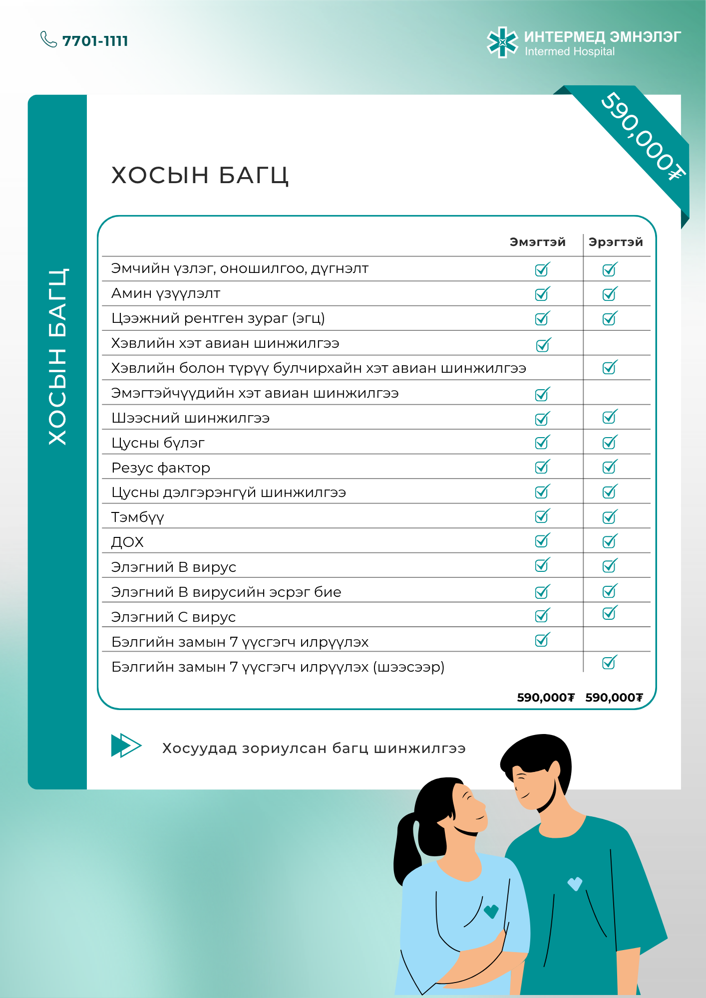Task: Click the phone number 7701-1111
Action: [x=95, y=41]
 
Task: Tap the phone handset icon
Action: [x=48, y=39]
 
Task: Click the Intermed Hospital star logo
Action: [x=502, y=42]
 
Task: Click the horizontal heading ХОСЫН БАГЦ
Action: [x=200, y=175]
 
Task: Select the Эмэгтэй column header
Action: [x=537, y=243]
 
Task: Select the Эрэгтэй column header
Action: [x=616, y=243]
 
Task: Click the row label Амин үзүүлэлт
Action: [x=166, y=293]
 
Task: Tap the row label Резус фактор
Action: [x=161, y=468]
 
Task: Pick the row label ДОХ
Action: [x=127, y=542]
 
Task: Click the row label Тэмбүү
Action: [x=137, y=517]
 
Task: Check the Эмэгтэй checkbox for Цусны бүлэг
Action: [x=542, y=442]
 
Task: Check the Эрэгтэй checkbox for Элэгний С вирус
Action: [x=610, y=613]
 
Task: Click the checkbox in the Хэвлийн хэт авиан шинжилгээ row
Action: [x=543, y=345]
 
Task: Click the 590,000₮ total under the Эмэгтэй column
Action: [x=546, y=698]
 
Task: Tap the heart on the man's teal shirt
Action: [x=575, y=884]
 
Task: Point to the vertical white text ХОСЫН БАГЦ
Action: [x=57, y=357]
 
